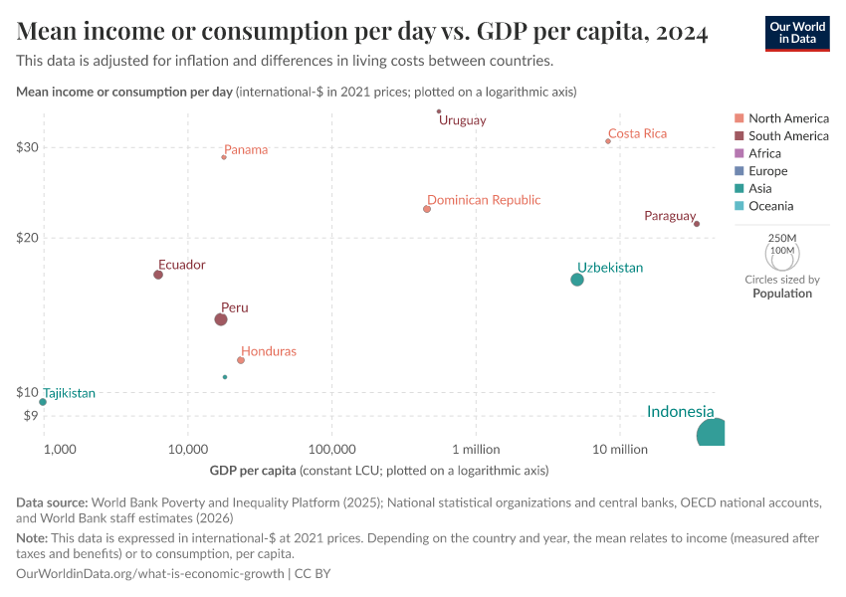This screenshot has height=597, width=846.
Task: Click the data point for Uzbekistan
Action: (x=577, y=280)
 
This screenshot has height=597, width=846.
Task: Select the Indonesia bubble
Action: (x=711, y=433)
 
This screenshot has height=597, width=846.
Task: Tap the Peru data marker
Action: (x=221, y=319)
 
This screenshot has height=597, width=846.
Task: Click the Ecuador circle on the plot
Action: (x=158, y=275)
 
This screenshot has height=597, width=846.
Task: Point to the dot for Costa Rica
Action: (x=608, y=141)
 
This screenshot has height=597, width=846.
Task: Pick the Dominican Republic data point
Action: (x=427, y=209)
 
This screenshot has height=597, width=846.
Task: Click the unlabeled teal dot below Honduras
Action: (x=225, y=377)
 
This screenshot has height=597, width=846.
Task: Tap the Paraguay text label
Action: (x=669, y=216)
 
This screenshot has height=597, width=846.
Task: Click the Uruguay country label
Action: (x=463, y=120)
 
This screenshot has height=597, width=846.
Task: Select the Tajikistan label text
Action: (x=69, y=393)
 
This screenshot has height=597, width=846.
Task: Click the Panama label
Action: (x=246, y=150)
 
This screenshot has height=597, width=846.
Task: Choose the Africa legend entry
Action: (x=764, y=153)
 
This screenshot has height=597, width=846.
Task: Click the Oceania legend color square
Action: (x=738, y=206)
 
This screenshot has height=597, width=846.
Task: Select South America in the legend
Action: (x=788, y=135)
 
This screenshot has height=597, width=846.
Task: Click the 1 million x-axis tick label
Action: (x=476, y=450)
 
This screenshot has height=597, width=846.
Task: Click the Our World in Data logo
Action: (x=796, y=33)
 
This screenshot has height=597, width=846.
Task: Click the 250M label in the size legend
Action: (x=782, y=238)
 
